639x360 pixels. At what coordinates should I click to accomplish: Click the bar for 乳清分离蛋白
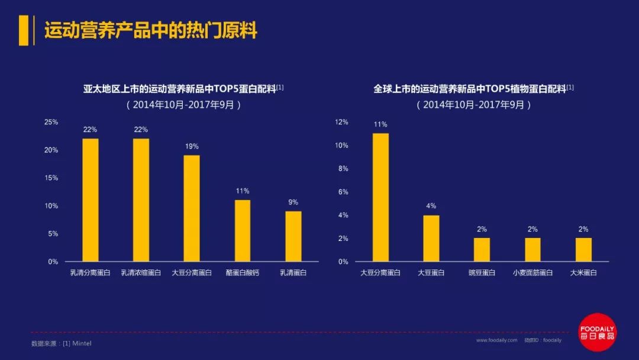tap(91, 200)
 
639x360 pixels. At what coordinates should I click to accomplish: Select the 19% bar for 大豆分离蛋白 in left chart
tap(192, 208)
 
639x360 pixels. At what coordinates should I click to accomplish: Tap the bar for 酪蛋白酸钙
tap(243, 231)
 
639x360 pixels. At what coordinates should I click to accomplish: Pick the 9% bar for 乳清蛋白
tap(293, 236)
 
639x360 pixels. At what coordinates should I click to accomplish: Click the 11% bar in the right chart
tap(380, 197)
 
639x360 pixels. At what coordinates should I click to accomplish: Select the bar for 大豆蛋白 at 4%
tap(431, 238)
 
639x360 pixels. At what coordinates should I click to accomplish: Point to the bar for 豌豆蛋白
tap(482, 249)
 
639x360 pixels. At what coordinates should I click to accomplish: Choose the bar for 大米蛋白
tap(583, 249)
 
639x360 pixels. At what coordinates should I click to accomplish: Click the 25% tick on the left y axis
tap(51, 122)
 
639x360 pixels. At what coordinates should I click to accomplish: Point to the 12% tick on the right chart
tap(342, 122)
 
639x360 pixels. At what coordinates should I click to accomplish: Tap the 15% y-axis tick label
tap(51, 178)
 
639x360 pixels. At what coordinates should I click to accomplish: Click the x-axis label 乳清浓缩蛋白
tap(141, 273)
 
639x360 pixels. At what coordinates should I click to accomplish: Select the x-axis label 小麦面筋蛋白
tap(532, 273)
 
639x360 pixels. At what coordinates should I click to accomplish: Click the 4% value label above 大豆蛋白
tap(431, 206)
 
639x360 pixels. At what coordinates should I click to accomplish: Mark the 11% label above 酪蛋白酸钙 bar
tap(243, 191)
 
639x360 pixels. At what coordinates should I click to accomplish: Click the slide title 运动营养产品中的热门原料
tap(151, 30)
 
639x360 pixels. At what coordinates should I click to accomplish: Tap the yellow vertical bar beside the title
tap(24, 30)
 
